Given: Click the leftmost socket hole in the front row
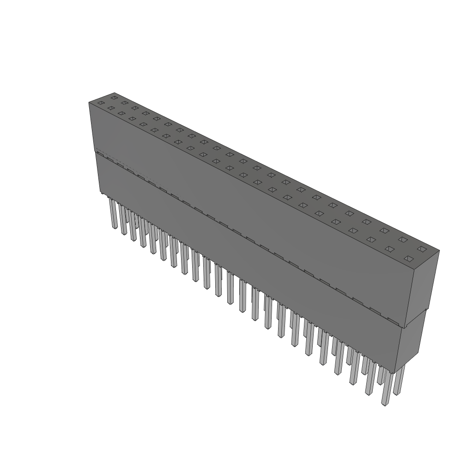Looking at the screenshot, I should click(x=101, y=103).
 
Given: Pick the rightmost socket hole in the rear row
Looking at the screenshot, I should click(x=421, y=249).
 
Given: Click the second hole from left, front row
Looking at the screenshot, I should click(x=111, y=108).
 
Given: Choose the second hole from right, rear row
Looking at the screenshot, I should click(x=403, y=240).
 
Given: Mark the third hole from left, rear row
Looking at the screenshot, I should click(x=135, y=108).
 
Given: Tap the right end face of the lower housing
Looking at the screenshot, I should click(x=410, y=342).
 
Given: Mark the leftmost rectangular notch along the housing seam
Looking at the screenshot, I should click(x=107, y=158).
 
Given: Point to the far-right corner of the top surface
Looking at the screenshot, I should click(x=439, y=251).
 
